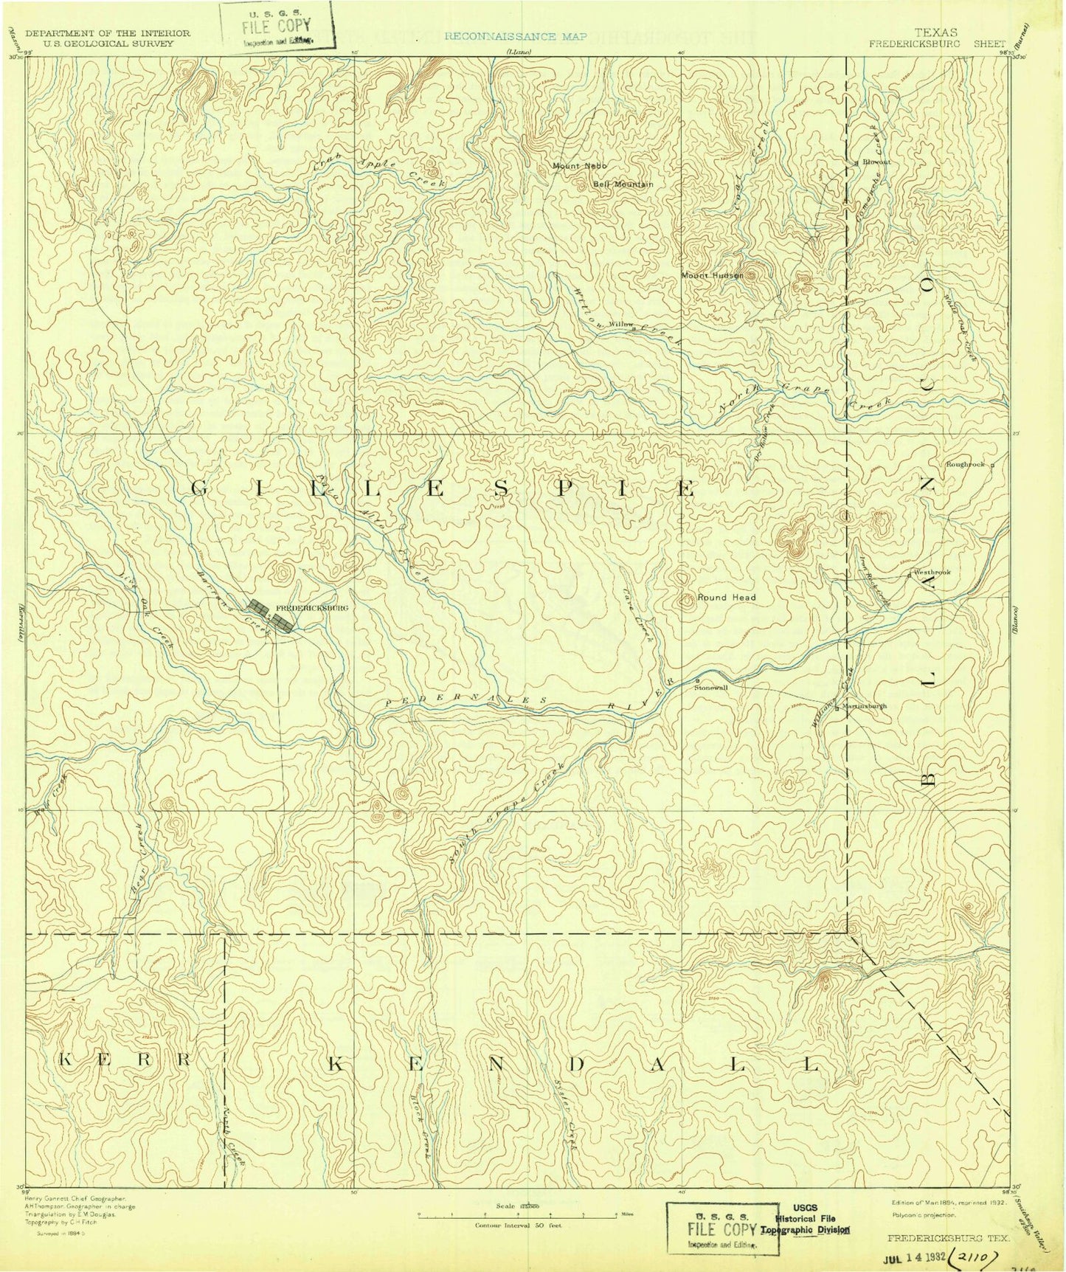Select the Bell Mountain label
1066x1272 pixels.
click(623, 184)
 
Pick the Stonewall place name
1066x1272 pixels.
click(710, 687)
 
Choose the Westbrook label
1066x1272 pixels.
click(932, 573)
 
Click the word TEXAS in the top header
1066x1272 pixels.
click(936, 32)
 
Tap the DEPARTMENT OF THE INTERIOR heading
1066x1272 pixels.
click(107, 33)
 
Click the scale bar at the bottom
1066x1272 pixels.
click(517, 1213)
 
